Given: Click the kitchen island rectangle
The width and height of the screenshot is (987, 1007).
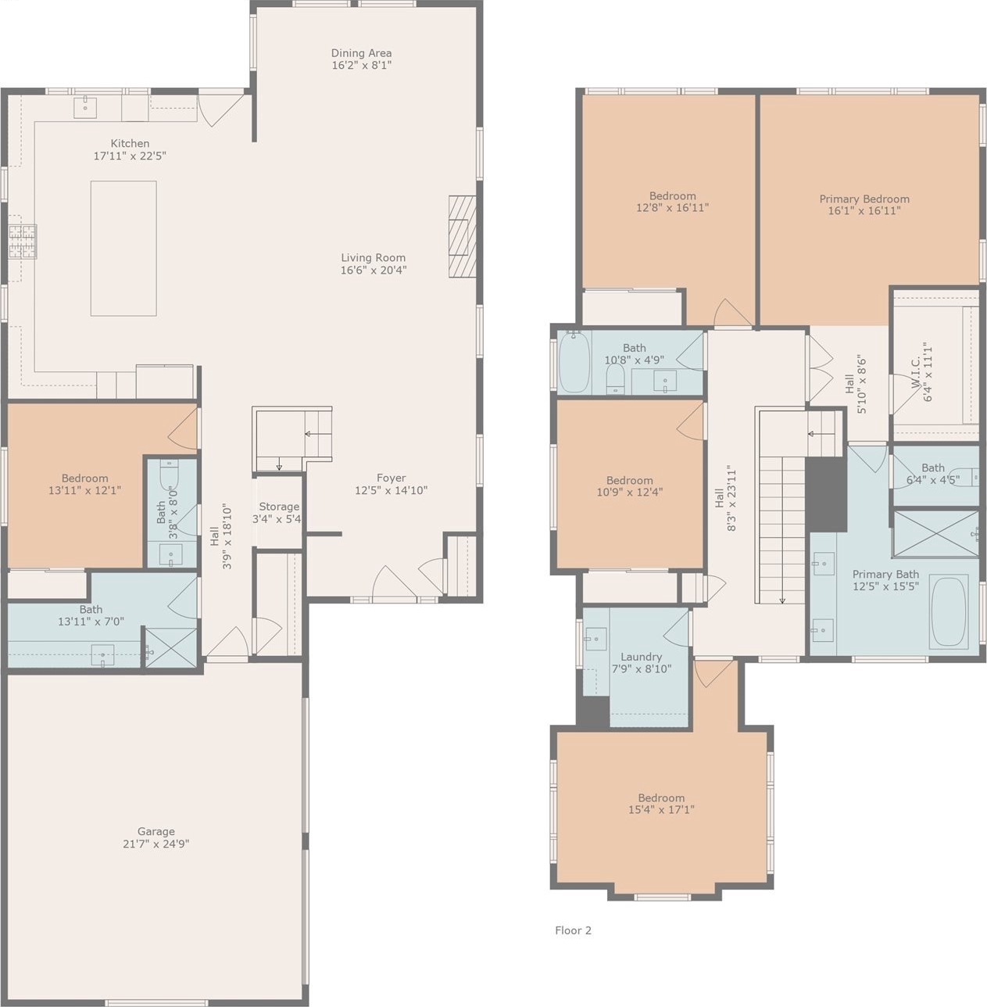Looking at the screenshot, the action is (123, 248).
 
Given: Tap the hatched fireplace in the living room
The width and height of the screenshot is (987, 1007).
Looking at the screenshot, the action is (462, 236).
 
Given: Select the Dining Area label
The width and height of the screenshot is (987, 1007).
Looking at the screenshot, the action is (362, 53).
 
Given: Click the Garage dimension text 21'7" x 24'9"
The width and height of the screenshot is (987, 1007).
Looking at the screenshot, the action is (156, 844).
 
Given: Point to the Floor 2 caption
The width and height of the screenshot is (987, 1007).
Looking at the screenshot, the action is (573, 930).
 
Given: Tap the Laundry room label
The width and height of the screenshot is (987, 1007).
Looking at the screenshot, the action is (641, 657).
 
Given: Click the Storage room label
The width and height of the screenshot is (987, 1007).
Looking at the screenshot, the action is (279, 507).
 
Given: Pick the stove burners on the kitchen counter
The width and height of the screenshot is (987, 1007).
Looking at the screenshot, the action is (23, 242).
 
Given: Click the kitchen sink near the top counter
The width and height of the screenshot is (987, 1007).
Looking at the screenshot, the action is (85, 107).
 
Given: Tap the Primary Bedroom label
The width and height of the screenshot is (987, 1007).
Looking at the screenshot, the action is (864, 199).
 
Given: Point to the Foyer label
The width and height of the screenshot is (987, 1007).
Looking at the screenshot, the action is (392, 478).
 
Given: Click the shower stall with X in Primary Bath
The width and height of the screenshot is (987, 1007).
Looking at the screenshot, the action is (935, 533).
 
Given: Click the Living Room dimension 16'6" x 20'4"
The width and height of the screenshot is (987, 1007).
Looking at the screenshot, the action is (374, 271).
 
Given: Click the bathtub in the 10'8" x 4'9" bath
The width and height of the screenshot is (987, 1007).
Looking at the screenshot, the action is (574, 362).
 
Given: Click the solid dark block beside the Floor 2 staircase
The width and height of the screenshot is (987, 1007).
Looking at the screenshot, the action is (825, 494).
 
